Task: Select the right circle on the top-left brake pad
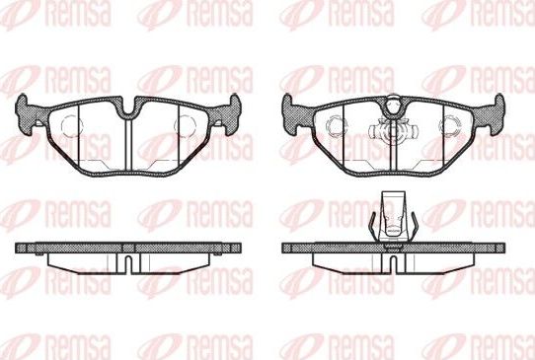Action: (188, 125)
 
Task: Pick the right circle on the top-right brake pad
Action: (454, 125)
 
